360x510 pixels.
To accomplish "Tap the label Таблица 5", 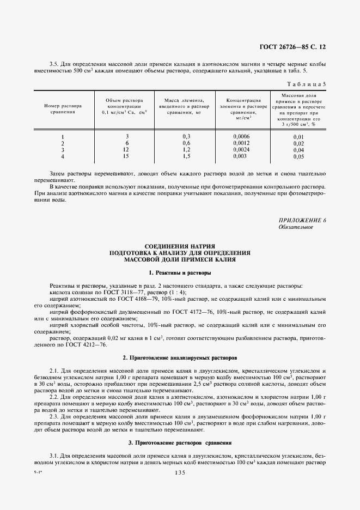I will coord(306,84).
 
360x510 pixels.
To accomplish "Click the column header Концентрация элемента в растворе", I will coord(236,108).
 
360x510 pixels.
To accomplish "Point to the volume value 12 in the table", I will coord(126,149).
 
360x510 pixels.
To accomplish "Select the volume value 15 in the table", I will coord(126,156).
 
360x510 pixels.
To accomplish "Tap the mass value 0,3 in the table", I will coord(186,136).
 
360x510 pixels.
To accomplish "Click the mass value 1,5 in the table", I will coord(186,156).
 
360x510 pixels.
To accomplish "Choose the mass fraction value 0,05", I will coord(298,157).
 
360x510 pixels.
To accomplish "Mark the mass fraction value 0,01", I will coord(298,137).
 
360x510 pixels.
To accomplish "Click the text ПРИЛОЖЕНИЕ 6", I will coord(302,220).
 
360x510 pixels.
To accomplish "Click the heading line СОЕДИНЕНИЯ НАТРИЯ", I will coord(180,246).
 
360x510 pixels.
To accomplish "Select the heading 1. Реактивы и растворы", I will coord(180,272).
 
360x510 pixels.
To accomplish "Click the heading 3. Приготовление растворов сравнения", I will coord(180,443).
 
